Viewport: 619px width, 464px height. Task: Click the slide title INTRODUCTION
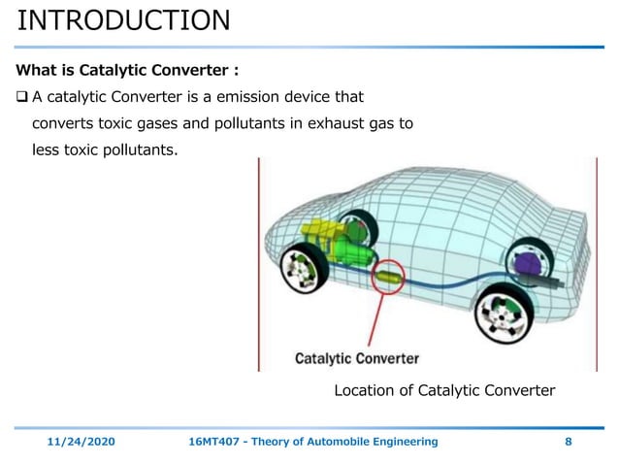point(124,19)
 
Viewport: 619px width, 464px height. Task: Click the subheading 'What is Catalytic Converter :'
point(127,71)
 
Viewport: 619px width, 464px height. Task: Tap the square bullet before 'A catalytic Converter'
point(22,97)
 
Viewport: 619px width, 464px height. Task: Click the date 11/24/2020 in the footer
point(81,442)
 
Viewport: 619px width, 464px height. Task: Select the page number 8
point(568,442)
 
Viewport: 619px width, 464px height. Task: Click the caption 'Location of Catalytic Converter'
point(443,391)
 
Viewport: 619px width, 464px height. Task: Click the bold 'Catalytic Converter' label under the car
point(357,358)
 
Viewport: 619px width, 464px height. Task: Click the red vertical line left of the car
point(258,262)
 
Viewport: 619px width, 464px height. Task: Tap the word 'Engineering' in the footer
point(406,442)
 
